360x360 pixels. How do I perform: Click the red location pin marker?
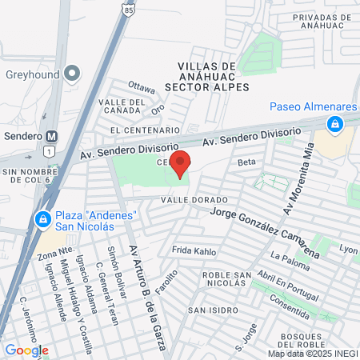point(180,162)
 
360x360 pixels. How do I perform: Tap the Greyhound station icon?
point(73,74)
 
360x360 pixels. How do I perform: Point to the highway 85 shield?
point(130,8)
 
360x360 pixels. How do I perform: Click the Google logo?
point(26,350)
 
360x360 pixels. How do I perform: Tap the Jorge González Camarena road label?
point(264,231)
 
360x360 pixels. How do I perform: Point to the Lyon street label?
point(348,249)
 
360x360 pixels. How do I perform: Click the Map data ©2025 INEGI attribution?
point(312,354)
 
